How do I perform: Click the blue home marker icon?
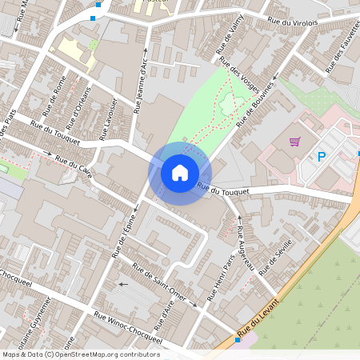(x=180, y=172)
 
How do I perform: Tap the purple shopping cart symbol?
(x=295, y=142)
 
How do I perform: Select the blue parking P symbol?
(x=322, y=158)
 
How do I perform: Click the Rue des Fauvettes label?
(x=337, y=56)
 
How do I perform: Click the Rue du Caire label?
(x=74, y=166)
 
